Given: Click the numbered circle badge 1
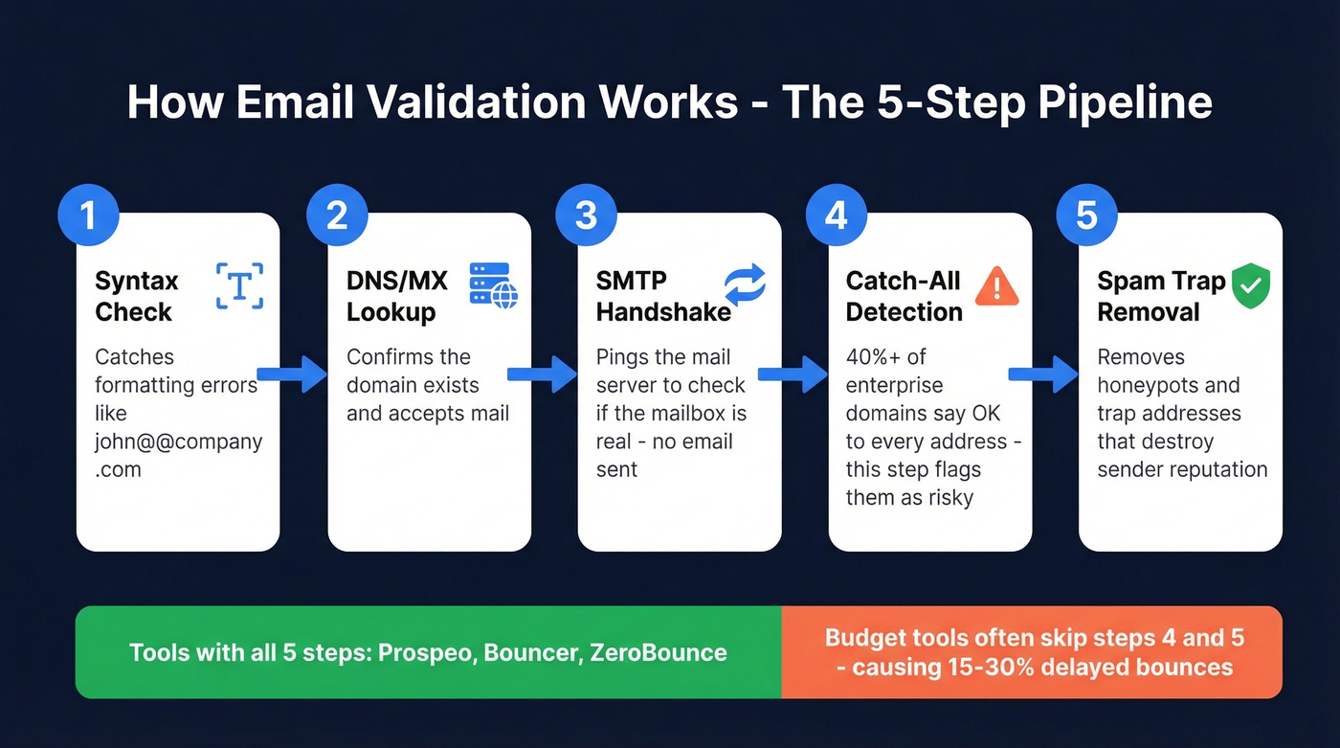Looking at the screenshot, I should [88, 215].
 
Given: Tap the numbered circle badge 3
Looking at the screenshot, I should [587, 215].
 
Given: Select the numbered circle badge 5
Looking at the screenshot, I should [1086, 215].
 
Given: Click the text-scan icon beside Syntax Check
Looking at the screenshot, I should [239, 285].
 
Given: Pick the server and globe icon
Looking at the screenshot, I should [493, 285].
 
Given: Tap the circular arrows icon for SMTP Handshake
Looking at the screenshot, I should [745, 285].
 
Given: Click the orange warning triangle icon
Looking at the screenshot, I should [996, 285].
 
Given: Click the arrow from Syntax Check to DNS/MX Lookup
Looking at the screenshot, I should [293, 374].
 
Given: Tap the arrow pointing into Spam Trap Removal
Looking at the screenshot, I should [1042, 374].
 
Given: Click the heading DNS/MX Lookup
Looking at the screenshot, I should [396, 296].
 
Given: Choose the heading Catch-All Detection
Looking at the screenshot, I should [904, 296].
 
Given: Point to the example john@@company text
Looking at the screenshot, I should [178, 442].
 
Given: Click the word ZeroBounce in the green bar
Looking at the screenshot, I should [659, 653].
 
